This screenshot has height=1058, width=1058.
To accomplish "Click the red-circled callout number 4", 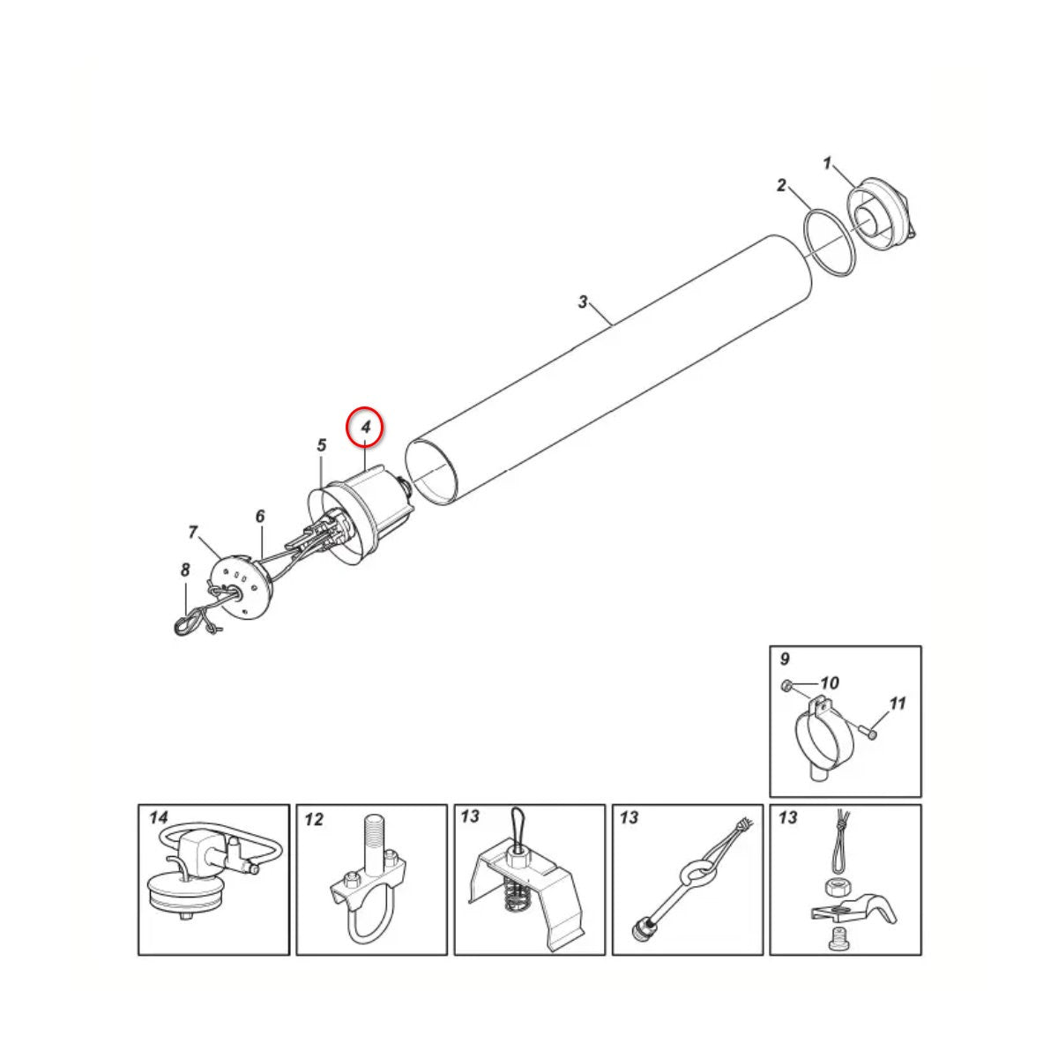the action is coord(366,427).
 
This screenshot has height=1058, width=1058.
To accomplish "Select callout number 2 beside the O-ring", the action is coord(781,185).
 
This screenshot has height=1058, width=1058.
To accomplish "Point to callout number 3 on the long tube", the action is coord(583,302).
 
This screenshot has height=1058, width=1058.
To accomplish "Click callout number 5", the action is coord(322,444).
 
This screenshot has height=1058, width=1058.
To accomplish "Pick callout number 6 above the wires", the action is coord(260,516).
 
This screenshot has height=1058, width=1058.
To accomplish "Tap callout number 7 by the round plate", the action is coord(192,532).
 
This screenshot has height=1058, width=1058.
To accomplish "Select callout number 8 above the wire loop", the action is coord(185,570).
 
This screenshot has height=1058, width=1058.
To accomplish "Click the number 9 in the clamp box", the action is coord(786,659).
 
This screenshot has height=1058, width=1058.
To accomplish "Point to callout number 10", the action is coord(830,683).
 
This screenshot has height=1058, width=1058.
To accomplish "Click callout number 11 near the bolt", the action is coord(897,704).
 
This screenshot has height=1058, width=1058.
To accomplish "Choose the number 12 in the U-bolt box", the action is coord(314,820).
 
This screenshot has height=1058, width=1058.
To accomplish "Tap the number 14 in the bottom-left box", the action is coord(158,818).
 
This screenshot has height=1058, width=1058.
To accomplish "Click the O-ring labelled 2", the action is coord(829,240).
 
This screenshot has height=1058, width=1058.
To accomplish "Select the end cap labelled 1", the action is coord(880,214).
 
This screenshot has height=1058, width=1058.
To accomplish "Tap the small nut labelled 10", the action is coord(786,685).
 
